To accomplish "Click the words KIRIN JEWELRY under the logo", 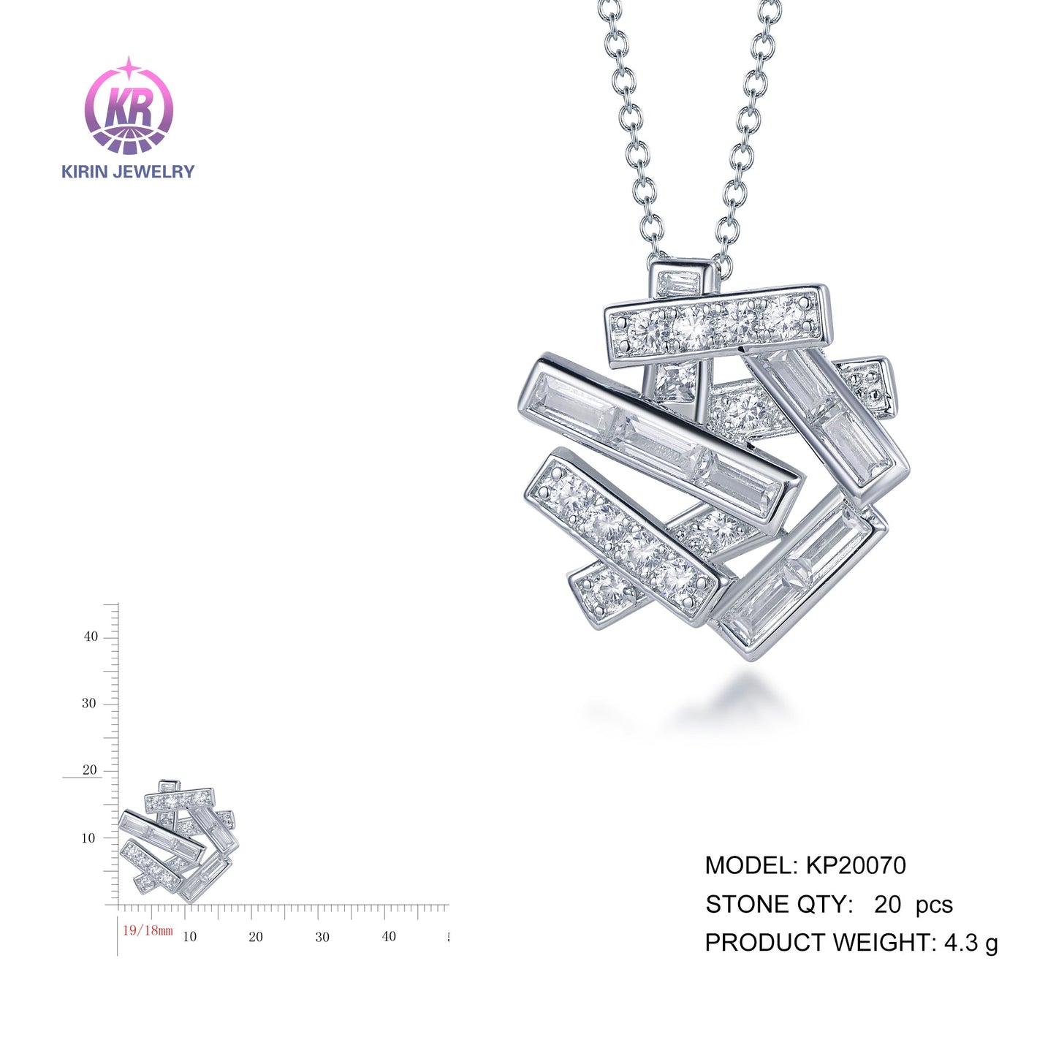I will tap(128, 172).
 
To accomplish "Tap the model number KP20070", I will tap(855, 866).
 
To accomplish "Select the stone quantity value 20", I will tap(887, 905).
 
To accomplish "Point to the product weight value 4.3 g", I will tap(970, 943).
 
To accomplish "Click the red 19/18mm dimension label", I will tap(148, 930).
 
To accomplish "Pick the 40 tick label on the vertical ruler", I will tap(90, 637).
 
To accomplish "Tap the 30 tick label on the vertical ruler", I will tap(88, 704).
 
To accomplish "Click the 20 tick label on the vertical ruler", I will tap(89, 770).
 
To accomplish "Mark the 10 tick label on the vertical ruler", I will tap(88, 838).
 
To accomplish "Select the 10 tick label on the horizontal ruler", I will tap(189, 937).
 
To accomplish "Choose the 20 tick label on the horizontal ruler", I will tap(256, 937).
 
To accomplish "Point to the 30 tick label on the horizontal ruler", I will tap(322, 937).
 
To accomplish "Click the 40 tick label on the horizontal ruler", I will tap(389, 936).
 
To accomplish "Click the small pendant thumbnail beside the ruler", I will tap(178, 841).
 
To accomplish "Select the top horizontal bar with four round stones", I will tap(718, 325).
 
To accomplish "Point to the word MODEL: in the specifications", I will tap(751, 866).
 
